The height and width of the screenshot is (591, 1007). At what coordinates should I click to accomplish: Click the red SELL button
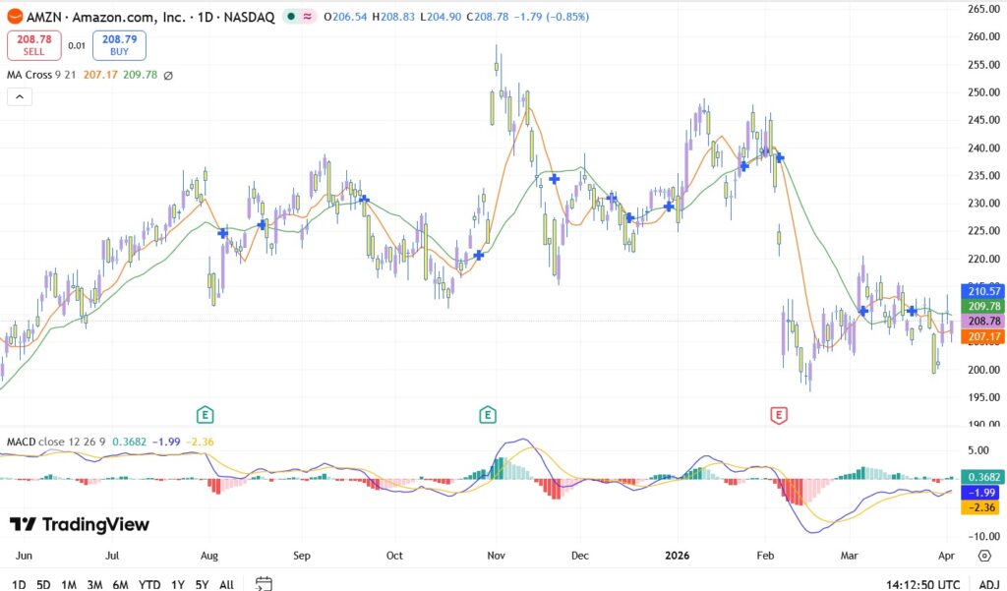pyautogui.click(x=33, y=44)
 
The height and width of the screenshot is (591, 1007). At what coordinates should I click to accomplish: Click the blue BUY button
pyautogui.click(x=119, y=44)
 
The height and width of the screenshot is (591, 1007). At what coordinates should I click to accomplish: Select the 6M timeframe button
pyautogui.click(x=120, y=584)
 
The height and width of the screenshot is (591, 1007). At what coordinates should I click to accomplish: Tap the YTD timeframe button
pyautogui.click(x=149, y=584)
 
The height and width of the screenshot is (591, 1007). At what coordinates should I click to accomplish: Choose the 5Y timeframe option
pyautogui.click(x=201, y=584)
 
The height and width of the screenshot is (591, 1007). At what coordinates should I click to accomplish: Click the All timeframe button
pyautogui.click(x=226, y=584)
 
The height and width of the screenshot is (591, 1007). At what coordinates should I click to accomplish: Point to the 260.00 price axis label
pyautogui.click(x=983, y=37)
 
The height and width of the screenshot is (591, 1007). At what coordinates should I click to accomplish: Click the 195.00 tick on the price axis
pyautogui.click(x=983, y=397)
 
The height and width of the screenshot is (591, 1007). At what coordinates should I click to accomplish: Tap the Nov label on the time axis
pyautogui.click(x=497, y=556)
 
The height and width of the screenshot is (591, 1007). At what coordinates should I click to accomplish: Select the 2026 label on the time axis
pyautogui.click(x=677, y=556)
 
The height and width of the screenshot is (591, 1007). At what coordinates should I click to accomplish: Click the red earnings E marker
pyautogui.click(x=779, y=415)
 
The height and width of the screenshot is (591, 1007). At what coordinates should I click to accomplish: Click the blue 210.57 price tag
pyautogui.click(x=984, y=291)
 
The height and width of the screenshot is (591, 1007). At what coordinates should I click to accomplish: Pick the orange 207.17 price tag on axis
pyautogui.click(x=984, y=337)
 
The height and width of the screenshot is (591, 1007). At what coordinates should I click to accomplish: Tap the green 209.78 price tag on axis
pyautogui.click(x=984, y=306)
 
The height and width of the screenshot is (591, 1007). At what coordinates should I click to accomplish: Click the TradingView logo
pyautogui.click(x=80, y=524)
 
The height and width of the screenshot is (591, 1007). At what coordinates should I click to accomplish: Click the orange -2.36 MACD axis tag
pyautogui.click(x=984, y=507)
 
